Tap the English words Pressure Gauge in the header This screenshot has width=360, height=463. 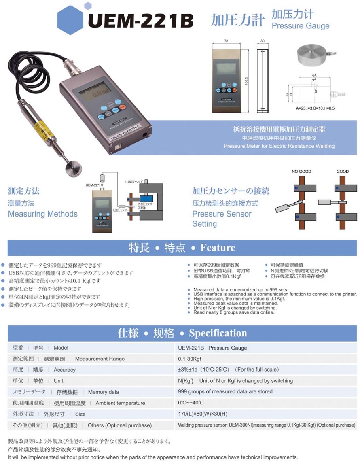coord(300,26)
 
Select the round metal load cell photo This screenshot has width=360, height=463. coord(314,54)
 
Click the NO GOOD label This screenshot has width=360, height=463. coord(301,172)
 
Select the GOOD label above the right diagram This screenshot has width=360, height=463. coord(342,172)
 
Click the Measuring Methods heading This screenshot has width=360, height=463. coord(42,214)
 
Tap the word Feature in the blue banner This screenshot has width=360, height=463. coord(217,248)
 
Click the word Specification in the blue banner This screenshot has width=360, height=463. coord(218,333)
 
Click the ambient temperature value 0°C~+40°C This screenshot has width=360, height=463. coord(191,403)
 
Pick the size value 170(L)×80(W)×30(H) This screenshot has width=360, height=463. coord(203,414)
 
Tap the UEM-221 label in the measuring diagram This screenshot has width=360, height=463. coord(92,185)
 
